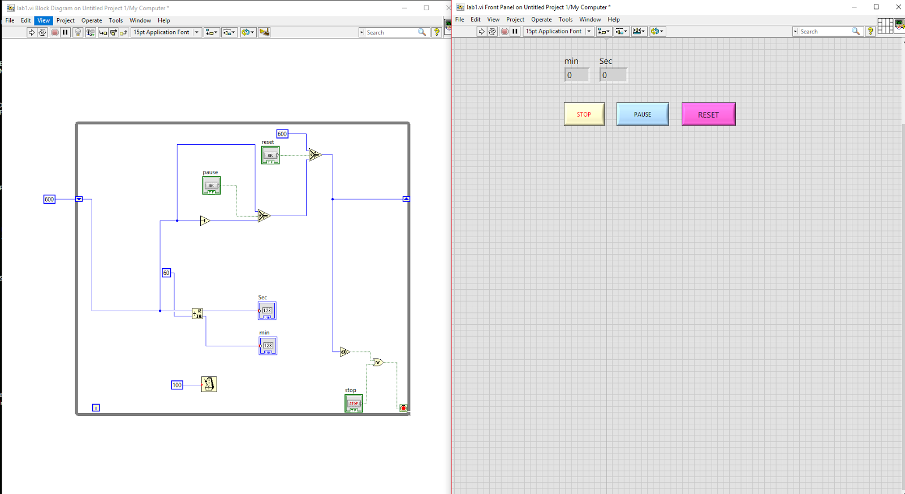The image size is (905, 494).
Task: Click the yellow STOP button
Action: [584, 114]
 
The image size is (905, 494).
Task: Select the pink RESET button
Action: [708, 114]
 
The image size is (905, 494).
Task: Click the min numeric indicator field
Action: [576, 75]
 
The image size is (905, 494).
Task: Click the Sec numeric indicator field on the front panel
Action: [613, 75]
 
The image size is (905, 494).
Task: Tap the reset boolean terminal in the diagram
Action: [270, 155]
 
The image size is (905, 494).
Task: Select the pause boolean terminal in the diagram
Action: [212, 186]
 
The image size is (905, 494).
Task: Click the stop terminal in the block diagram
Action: [354, 403]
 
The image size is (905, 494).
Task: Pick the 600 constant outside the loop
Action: [49, 199]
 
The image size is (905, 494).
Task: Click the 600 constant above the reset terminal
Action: [282, 134]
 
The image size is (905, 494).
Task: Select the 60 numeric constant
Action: [166, 273]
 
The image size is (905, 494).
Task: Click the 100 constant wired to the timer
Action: [177, 385]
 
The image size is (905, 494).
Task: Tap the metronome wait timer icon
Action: [209, 384]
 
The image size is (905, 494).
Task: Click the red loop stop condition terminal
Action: [403, 408]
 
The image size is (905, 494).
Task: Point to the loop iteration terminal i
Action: [96, 407]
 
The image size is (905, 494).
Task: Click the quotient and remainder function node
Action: [197, 313]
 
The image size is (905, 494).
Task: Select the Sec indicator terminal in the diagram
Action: [267, 311]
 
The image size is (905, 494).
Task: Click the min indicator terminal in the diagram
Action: [268, 346]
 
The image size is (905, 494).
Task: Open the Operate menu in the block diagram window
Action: [92, 20]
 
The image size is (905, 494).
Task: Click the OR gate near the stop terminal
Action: [378, 362]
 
